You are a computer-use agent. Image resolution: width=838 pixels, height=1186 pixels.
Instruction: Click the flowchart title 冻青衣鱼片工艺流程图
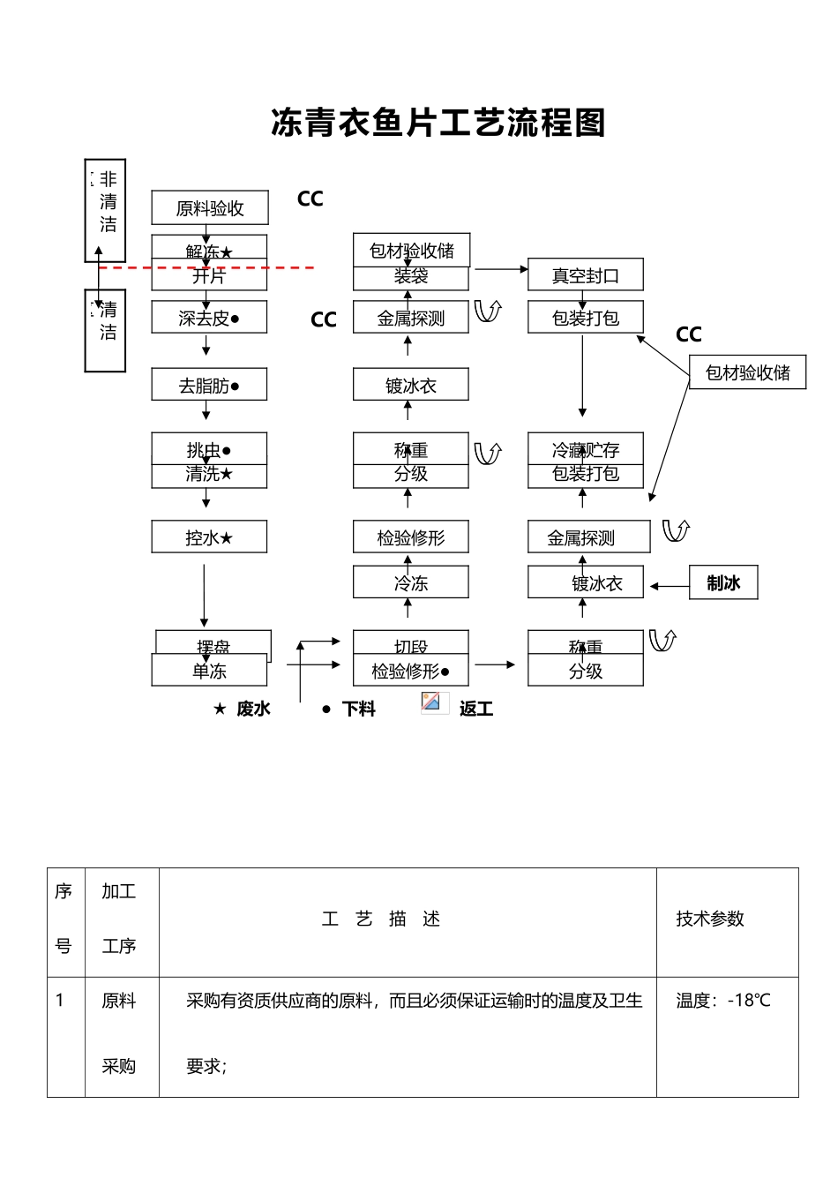click(x=438, y=124)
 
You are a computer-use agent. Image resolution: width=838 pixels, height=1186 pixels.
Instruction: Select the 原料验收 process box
click(x=209, y=208)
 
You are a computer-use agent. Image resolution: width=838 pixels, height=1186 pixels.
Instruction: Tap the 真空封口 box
click(x=585, y=276)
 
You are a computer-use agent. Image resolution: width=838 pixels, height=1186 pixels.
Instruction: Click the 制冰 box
click(x=723, y=583)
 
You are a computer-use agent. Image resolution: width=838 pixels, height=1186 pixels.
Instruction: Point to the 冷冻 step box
click(x=410, y=583)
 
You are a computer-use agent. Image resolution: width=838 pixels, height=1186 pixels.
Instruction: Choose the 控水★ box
click(x=209, y=537)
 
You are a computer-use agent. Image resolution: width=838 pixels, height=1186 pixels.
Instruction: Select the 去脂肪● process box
click(x=209, y=386)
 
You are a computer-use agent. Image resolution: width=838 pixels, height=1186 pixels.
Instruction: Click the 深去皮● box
click(x=209, y=319)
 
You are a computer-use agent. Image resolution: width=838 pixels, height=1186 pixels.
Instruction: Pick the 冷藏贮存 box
click(x=585, y=449)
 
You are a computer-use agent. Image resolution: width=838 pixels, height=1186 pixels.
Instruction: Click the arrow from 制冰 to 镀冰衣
click(x=670, y=584)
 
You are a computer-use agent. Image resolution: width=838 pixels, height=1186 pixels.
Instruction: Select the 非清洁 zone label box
click(x=106, y=210)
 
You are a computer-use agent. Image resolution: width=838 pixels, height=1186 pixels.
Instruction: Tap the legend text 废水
click(x=253, y=709)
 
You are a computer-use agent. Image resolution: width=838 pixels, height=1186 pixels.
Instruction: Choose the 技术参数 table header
click(x=709, y=920)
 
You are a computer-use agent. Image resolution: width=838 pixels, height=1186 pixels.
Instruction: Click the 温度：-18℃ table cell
click(x=722, y=1001)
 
